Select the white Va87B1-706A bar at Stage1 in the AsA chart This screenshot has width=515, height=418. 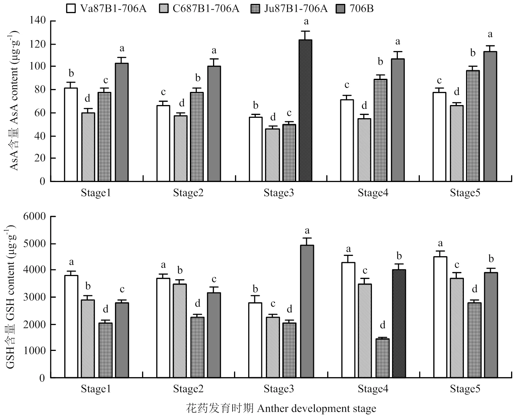coord(71,134)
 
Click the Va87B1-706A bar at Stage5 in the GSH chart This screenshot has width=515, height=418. coord(440,317)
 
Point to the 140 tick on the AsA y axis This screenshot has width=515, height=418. coord(38,21)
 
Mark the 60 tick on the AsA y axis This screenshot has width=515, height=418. coord(40,113)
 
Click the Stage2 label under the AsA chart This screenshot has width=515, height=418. coord(188,193)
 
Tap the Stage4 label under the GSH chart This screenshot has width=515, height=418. coord(373,389)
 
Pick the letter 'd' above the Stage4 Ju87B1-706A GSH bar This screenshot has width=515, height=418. coord(383,325)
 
